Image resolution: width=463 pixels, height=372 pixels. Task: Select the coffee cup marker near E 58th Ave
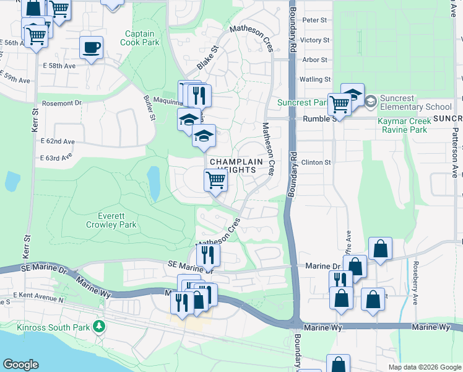click(x=92, y=48)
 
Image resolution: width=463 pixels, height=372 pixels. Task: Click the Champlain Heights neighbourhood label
click(x=241, y=166)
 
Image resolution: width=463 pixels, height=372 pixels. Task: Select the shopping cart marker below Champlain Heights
click(x=216, y=180)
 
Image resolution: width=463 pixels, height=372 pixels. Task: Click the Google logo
click(x=20, y=365)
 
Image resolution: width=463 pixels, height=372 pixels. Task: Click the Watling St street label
click(x=315, y=79)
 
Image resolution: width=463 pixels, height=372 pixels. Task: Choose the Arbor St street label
click(x=315, y=60)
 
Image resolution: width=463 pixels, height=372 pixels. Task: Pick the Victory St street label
click(x=315, y=40)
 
